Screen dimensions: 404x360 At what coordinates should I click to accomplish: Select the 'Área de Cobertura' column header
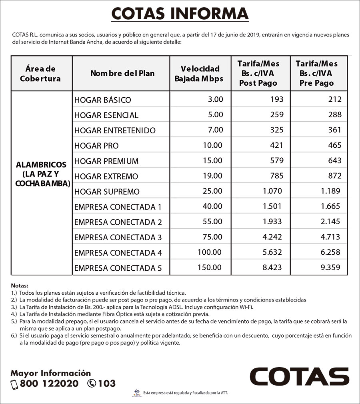[40, 74]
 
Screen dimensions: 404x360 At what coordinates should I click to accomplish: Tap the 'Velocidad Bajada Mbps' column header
[200, 74]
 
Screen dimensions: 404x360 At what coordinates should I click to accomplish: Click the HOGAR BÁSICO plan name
[102, 100]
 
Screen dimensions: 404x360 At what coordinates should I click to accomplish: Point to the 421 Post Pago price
[276, 145]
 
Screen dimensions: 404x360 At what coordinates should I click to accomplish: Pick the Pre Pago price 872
[334, 176]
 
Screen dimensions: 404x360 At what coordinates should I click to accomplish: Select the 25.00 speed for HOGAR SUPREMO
[213, 191]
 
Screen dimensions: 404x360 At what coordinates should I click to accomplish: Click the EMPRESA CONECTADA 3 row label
[118, 237]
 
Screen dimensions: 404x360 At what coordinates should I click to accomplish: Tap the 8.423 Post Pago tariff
[272, 267]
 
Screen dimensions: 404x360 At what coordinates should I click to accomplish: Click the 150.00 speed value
[210, 267]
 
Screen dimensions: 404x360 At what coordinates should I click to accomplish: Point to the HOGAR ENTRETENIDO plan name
[114, 131]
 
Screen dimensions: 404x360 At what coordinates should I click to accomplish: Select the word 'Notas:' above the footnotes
[20, 286]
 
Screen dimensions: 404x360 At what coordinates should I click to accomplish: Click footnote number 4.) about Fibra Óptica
[14, 314]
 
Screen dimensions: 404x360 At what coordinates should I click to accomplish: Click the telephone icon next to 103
[92, 384]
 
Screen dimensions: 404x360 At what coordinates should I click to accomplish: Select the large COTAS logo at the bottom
[299, 376]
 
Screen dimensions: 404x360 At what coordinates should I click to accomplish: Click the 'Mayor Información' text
[51, 373]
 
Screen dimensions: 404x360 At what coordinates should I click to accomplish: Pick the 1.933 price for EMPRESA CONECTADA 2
[272, 221]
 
